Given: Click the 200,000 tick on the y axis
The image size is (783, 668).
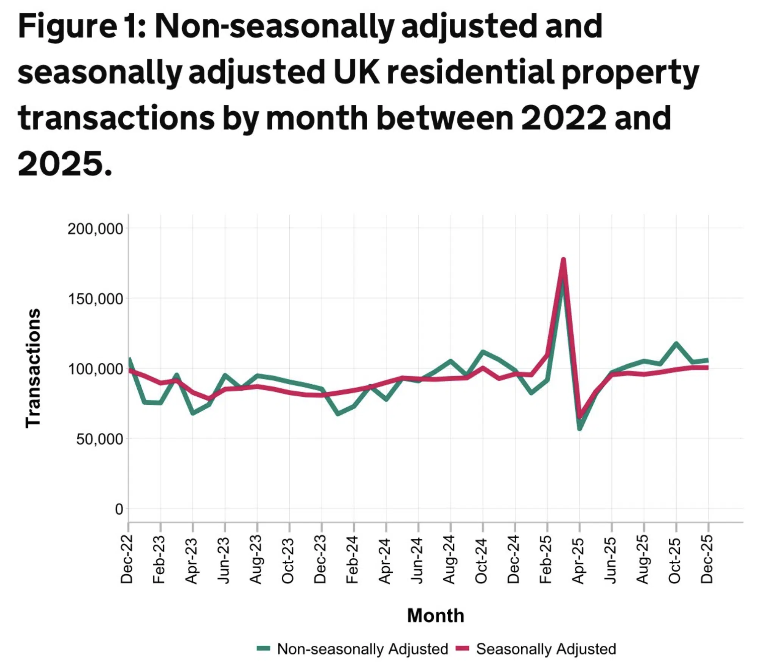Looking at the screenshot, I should [95, 229].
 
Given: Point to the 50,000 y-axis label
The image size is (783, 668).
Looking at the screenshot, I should [99, 439].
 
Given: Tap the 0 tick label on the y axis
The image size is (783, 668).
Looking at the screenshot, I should [119, 510].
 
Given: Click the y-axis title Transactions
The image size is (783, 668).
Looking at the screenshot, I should [33, 368].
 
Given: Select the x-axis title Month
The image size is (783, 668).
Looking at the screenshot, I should [435, 615].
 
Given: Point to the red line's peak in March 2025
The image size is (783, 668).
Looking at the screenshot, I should [563, 259].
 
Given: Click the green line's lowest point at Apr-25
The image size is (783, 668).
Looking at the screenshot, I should [579, 429].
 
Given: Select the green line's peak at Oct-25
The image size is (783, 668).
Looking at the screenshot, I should [676, 343].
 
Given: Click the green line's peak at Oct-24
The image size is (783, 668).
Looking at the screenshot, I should [483, 352].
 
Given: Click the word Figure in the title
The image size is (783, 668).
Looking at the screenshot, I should [66, 26].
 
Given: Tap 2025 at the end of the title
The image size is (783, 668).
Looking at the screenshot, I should [61, 164].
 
